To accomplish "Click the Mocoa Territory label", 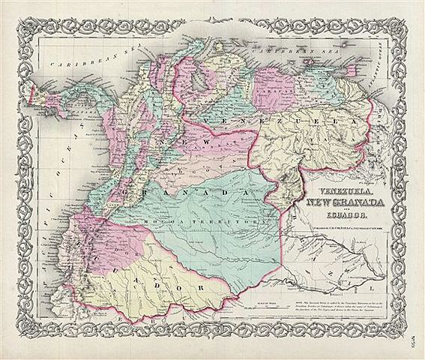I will (x=202, y=223).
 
